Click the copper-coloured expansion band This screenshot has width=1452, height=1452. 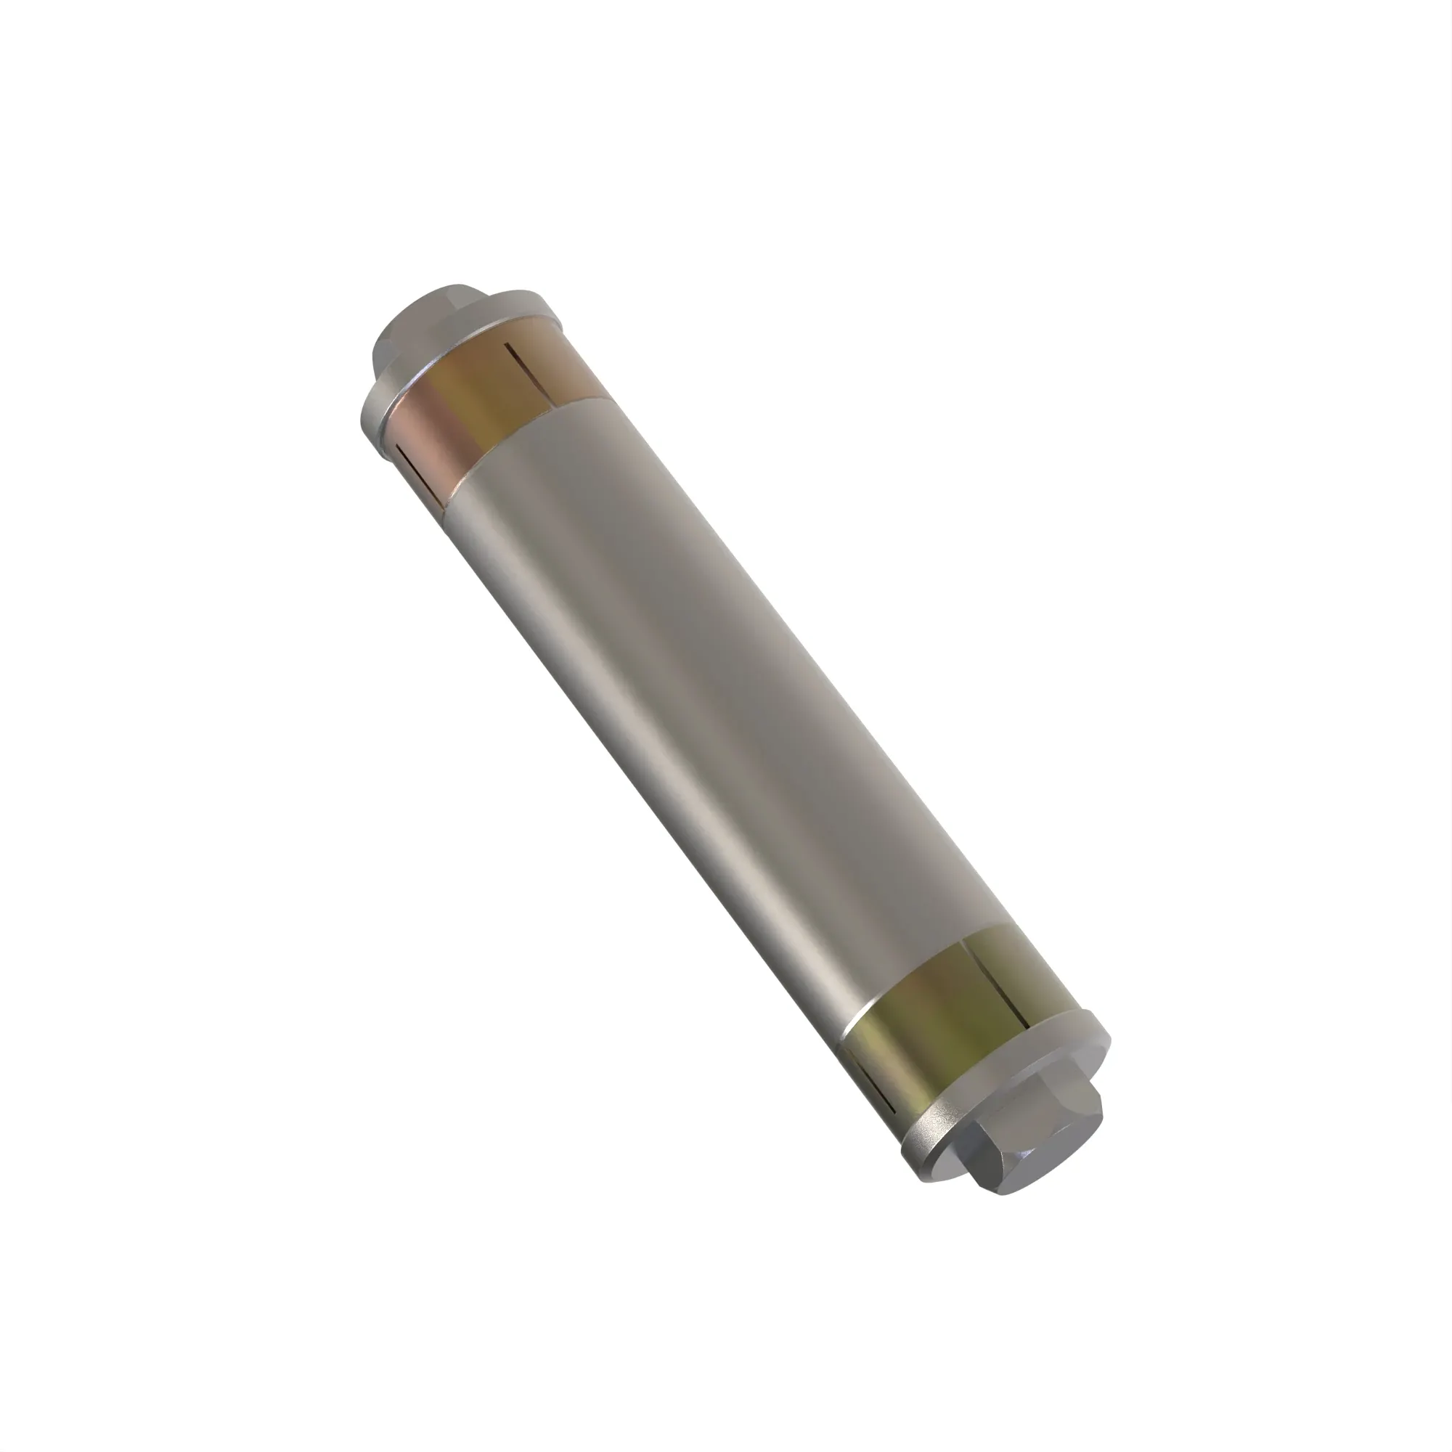481,406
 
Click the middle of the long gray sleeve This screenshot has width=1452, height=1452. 722,714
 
